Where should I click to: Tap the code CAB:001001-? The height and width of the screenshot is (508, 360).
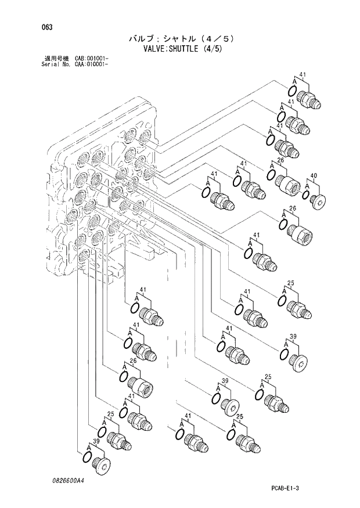point(92,59)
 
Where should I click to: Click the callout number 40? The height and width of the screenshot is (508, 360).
point(314,175)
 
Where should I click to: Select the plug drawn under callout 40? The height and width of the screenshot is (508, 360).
point(318,200)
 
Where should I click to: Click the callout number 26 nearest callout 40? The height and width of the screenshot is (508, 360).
point(279,161)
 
